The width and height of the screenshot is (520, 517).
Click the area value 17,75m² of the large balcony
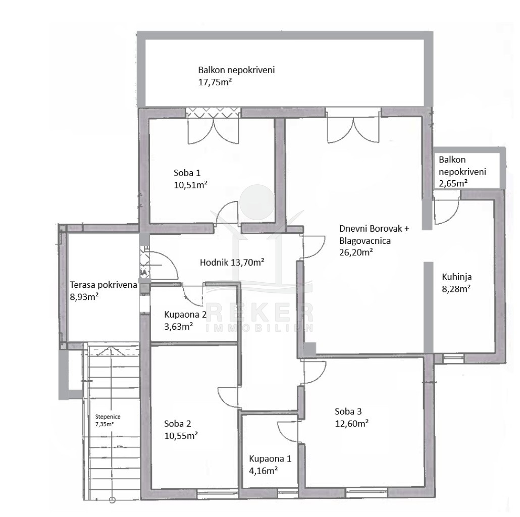point(215,82)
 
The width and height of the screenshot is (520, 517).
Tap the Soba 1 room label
point(187,173)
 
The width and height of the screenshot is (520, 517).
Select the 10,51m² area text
point(190,185)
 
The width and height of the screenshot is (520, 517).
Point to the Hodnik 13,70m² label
point(232,263)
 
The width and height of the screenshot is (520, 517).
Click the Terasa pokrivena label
point(103,285)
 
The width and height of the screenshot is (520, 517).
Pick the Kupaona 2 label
point(185,315)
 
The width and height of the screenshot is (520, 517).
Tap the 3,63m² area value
point(178,326)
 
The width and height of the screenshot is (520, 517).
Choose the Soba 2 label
point(177,424)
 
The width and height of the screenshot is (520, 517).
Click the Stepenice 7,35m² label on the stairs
point(108,420)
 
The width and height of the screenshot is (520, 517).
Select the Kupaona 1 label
point(270,458)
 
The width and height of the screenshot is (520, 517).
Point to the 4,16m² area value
point(264,471)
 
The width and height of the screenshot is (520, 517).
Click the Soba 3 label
point(348,411)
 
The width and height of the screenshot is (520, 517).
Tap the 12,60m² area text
point(351,424)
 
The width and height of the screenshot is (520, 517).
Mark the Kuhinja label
point(457,277)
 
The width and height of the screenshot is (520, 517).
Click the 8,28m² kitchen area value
point(456,288)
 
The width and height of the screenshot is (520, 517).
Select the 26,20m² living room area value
point(356,252)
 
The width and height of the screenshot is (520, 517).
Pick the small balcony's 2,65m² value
point(453,183)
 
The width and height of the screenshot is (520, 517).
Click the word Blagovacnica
point(365,240)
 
